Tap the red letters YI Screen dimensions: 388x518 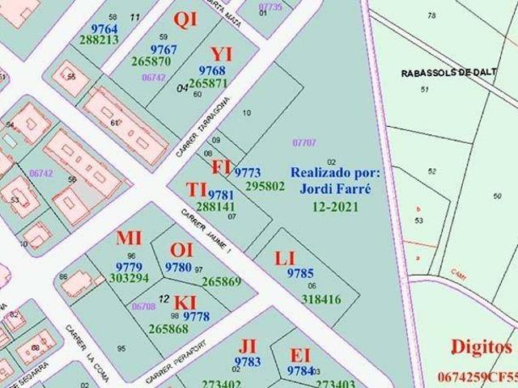[x=220, y=54]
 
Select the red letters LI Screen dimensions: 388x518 [x=285, y=259]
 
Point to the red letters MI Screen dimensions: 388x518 [x=129, y=238]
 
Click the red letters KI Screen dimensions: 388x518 [x=185, y=302]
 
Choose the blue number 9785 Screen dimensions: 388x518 [x=299, y=273]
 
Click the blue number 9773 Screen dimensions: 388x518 [x=247, y=173]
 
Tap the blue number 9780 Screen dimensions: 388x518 [x=178, y=268]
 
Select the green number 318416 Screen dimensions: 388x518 [x=321, y=299]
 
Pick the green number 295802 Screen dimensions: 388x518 [x=265, y=186]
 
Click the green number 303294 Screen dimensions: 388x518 [x=129, y=278]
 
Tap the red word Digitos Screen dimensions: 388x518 [x=481, y=348]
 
